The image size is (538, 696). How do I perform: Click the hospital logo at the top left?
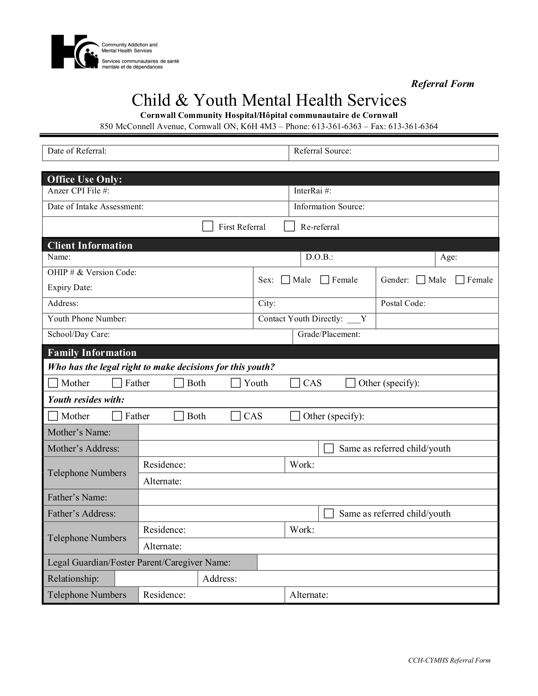point(75,52)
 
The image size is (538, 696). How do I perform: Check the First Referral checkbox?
point(208,226)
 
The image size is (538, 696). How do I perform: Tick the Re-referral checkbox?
point(289,226)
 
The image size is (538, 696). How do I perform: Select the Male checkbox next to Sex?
point(286,280)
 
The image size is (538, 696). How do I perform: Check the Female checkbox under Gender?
point(460,280)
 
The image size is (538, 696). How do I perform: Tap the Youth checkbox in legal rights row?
point(236,383)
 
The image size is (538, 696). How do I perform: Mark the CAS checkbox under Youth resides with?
point(236,416)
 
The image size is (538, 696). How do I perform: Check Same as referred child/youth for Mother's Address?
point(329,448)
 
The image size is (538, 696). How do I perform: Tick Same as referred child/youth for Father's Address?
point(329,513)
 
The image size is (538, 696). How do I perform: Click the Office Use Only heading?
point(85,179)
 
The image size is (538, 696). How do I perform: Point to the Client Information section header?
point(90,246)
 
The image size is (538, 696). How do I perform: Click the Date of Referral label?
point(77,151)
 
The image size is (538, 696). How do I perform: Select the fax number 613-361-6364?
point(413,127)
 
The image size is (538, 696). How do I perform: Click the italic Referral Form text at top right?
point(442,84)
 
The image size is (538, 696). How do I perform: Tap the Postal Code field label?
point(403,303)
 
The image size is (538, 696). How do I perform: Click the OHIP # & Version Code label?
point(92,273)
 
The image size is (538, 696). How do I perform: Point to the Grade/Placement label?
point(329,334)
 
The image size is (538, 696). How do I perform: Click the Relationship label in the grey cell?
point(73,578)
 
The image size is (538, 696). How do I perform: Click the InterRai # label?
point(312,191)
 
